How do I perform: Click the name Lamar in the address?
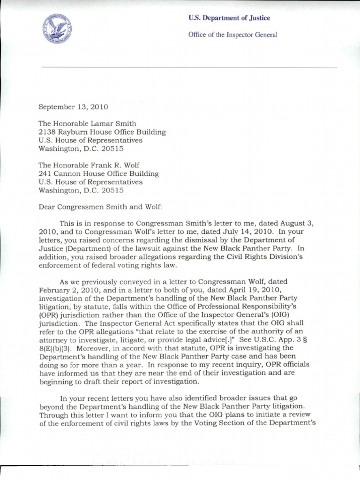(106, 123)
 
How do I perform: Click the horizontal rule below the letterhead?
(189, 67)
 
